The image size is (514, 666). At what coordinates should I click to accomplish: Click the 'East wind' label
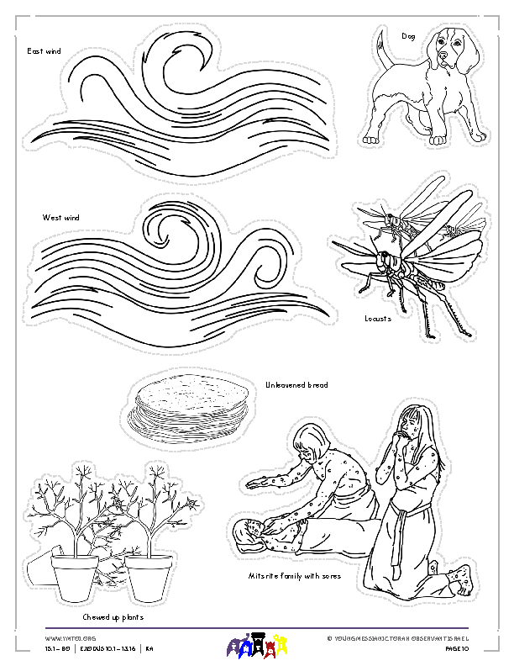(44, 51)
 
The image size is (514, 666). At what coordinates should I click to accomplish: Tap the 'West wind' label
(60, 218)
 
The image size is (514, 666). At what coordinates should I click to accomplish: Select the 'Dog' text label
(408, 36)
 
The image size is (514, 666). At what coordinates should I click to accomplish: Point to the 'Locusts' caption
(378, 319)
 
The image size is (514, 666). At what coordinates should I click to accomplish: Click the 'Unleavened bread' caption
(296, 384)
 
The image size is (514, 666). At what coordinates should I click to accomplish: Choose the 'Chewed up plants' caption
(113, 616)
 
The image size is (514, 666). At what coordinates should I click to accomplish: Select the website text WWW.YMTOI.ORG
(64, 638)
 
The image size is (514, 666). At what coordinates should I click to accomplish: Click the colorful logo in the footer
(258, 646)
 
